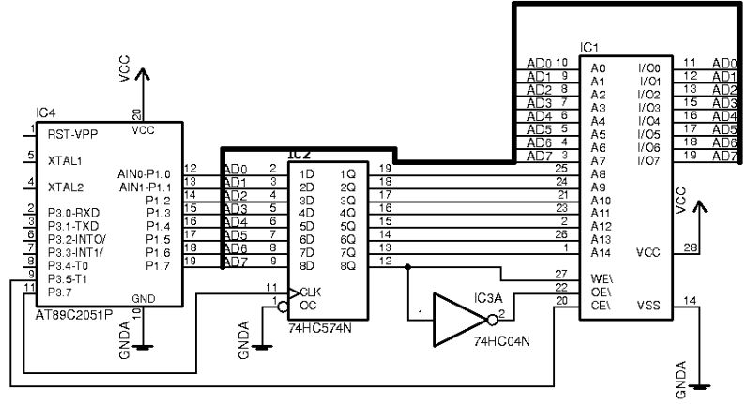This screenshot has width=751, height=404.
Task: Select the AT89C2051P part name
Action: click(73, 312)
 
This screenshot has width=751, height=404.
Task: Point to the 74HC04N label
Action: click(501, 340)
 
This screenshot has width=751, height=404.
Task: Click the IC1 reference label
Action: click(590, 47)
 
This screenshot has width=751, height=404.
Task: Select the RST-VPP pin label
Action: click(71, 133)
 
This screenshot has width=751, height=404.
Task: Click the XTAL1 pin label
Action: click(65, 160)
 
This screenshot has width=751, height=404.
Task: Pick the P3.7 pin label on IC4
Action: click(61, 292)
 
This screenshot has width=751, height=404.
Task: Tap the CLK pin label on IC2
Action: click(311, 292)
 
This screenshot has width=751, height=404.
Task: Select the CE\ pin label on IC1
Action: click(599, 304)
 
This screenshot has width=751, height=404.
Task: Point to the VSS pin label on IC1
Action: click(648, 304)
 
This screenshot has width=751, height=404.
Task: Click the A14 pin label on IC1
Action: click(599, 252)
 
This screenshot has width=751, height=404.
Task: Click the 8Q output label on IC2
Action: click(347, 265)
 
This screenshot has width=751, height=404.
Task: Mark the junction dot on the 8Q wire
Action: click(407, 266)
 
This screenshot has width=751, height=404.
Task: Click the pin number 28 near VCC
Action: click(691, 247)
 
